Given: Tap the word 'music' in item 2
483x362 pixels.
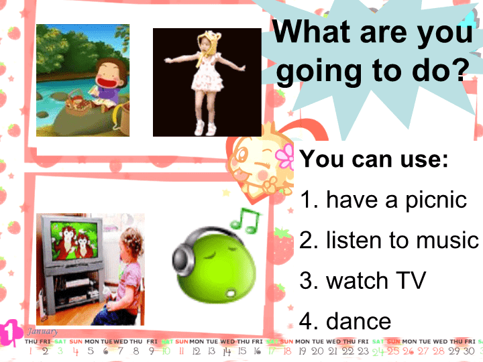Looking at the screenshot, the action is coord(447,241).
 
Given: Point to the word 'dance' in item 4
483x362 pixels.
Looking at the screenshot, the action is coord(358,321).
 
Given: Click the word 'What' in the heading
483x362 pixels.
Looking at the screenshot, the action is coord(312,32).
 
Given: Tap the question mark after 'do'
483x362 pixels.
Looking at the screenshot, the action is coord(458,70).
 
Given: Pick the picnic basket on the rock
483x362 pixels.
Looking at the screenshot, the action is coord(78,104).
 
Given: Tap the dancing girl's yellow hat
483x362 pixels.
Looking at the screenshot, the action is coord(209,43).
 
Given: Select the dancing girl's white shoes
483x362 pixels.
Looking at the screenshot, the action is coord(205,128).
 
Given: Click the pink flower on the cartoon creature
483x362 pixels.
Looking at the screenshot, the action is coord(285,157).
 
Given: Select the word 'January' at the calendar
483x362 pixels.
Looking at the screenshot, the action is coord(42,332).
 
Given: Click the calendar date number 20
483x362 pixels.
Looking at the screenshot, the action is coord(317,351).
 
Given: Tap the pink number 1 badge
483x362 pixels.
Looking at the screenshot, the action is coord(10,333).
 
